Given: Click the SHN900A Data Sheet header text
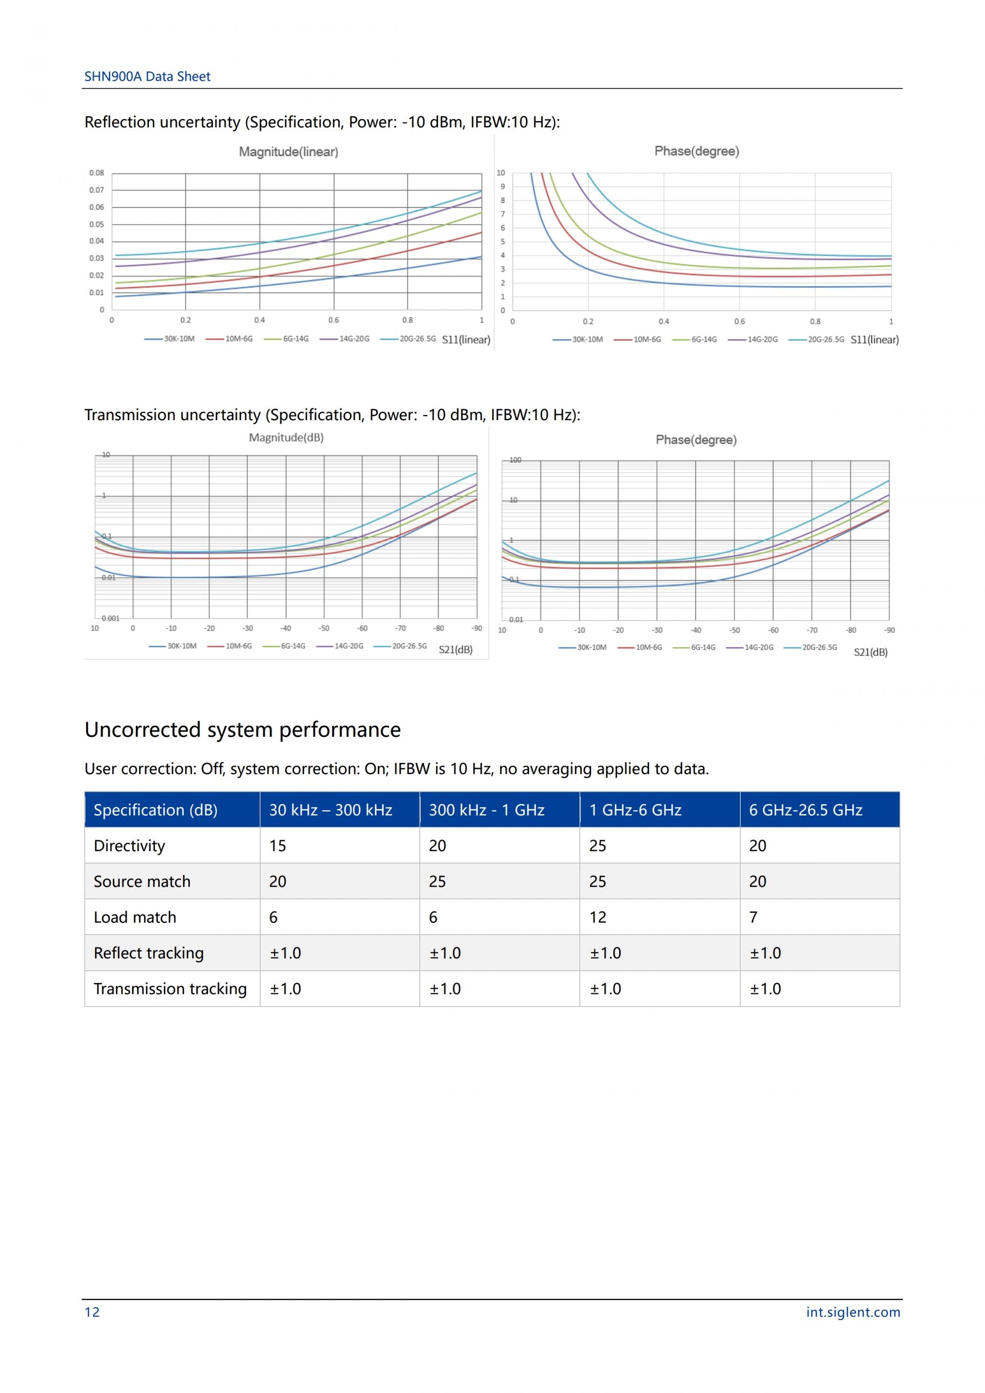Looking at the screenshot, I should pos(147,76).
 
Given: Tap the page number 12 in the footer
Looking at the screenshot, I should pos(92,1312).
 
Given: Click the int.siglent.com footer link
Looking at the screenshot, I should pos(852,1312).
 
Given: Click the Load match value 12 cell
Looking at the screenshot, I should pos(598,917).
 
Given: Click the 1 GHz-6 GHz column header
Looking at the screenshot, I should pos(635,810).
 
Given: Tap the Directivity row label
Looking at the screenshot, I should pos(129,846).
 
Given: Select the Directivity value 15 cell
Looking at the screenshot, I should pos(278,846).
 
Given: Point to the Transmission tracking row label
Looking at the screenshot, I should pos(170,988).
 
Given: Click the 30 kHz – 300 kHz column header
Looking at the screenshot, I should pos(330,810).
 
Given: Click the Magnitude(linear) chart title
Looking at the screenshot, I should pos(288,152).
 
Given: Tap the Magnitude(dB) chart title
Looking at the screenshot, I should pos(286,438).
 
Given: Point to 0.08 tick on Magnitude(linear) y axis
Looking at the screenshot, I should pos(96,173).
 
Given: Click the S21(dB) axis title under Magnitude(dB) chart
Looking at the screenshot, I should pos(455,649).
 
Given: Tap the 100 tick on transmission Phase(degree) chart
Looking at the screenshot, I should pos(515,460).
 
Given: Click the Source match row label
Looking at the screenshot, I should pos(142,881).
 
